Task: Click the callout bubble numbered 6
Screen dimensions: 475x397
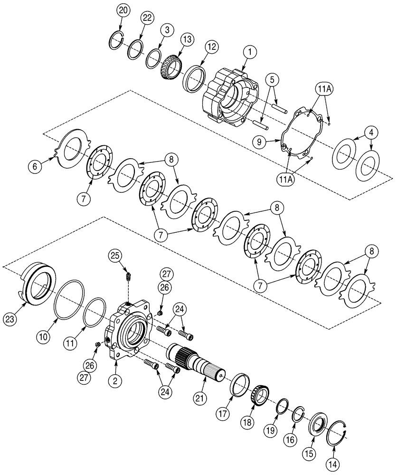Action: pyautogui.click(x=34, y=166)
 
